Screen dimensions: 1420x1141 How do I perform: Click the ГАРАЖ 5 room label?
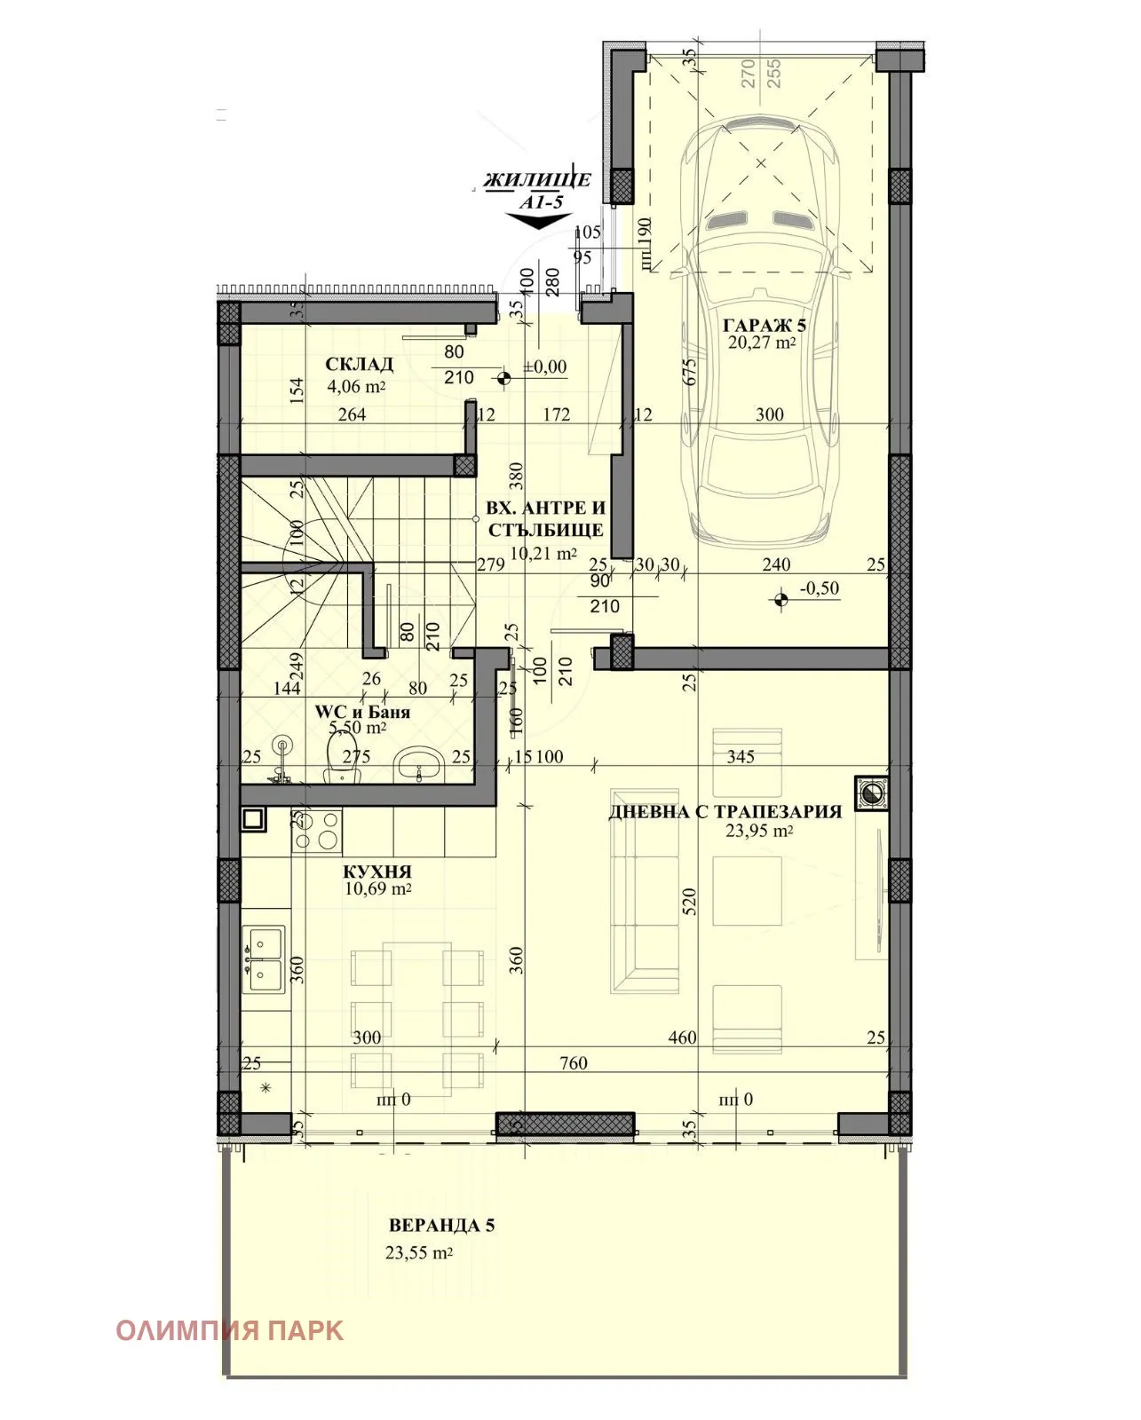pyautogui.click(x=763, y=325)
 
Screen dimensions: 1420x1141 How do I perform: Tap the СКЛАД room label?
pyautogui.click(x=359, y=365)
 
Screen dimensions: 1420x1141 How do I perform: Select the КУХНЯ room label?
pyautogui.click(x=377, y=872)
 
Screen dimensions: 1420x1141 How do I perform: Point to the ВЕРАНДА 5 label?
pyautogui.click(x=441, y=1226)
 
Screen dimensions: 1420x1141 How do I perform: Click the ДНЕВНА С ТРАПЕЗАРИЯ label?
pyautogui.click(x=725, y=811)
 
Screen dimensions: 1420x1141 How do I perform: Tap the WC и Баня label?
pyautogui.click(x=362, y=712)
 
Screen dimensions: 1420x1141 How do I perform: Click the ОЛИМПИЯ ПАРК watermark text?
pyautogui.click(x=229, y=1330)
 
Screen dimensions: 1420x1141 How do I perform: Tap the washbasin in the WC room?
pyautogui.click(x=420, y=762)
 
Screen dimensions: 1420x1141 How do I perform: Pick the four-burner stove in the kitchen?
pyautogui.click(x=317, y=832)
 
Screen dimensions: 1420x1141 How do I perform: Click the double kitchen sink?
pyautogui.click(x=265, y=958)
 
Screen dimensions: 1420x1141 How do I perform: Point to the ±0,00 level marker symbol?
pyautogui.click(x=504, y=378)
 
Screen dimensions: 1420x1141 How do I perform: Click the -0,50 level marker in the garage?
pyautogui.click(x=781, y=601)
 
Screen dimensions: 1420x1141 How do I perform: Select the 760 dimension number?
pyautogui.click(x=574, y=1063)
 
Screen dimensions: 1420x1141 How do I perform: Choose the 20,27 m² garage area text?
pyautogui.click(x=761, y=343)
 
